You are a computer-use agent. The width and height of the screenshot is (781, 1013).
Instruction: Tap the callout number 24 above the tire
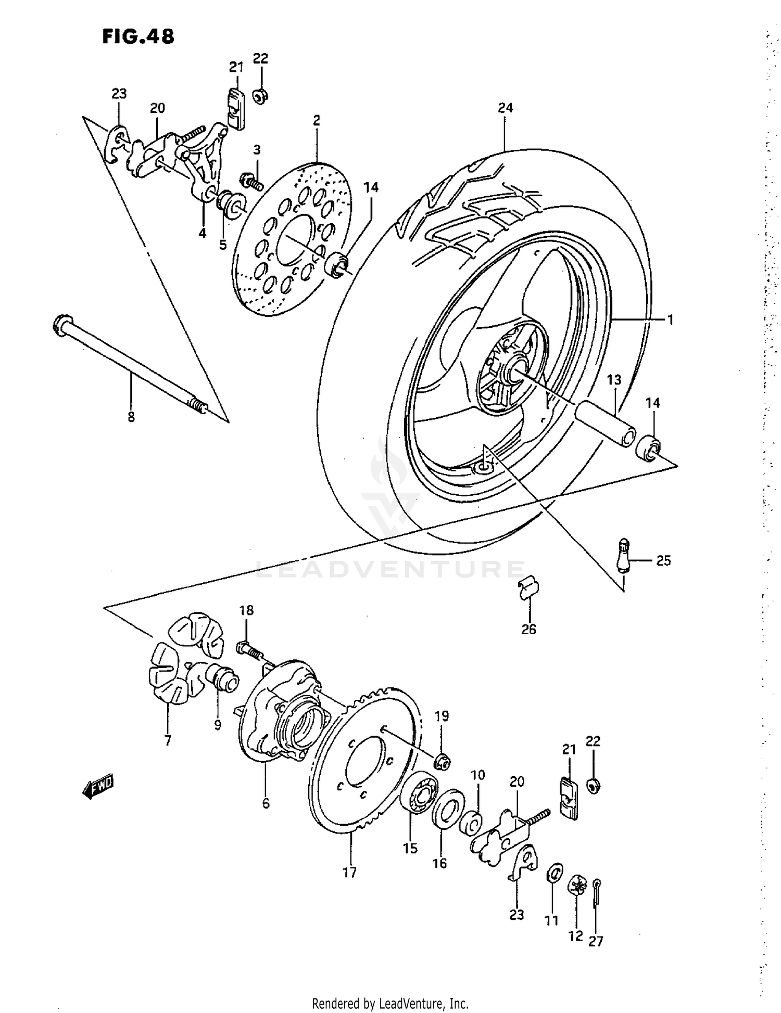pos(505,108)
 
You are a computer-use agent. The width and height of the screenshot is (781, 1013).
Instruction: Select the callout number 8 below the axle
pos(131,417)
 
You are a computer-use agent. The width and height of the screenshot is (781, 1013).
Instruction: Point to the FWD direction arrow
pos(97,787)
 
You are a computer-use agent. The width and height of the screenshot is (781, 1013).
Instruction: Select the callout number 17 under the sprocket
pos(349,873)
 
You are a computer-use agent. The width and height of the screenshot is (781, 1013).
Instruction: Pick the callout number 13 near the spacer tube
pos(614,380)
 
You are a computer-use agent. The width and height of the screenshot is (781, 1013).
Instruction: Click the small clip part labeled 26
pos(530,588)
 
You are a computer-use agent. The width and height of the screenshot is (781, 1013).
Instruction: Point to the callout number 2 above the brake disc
pos(317,120)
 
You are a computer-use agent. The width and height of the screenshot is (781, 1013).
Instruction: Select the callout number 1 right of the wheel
pos(670,319)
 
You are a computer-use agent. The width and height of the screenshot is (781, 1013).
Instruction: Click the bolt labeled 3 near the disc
pos(251,182)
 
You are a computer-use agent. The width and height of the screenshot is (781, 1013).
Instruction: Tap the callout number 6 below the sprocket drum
pos(266,803)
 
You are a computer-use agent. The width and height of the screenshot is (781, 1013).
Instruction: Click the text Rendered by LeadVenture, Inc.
pos(391,1003)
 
